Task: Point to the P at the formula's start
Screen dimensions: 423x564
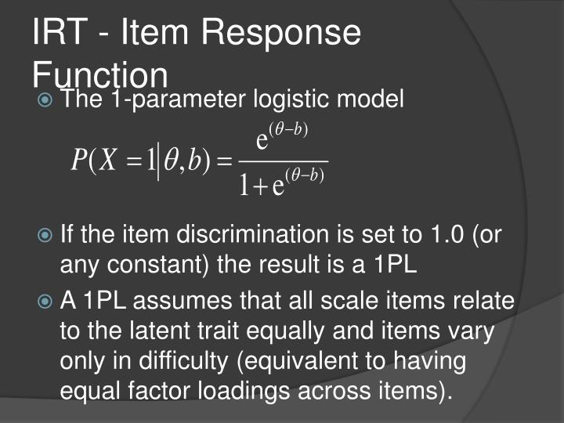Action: pos(78,162)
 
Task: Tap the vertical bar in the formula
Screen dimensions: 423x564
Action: pos(159,163)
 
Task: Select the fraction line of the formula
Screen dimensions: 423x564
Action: pos(283,162)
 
